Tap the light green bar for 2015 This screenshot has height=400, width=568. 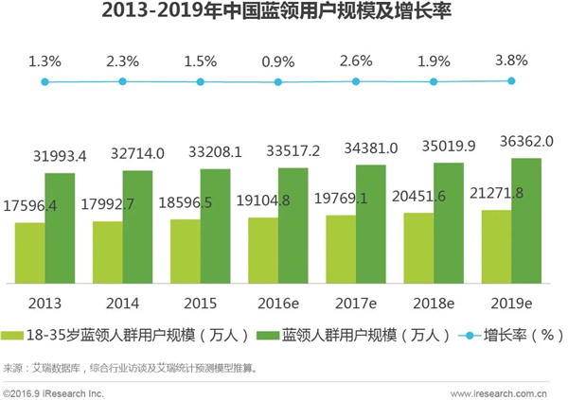click(185, 251)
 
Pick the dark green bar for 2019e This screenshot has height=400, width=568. click(527, 220)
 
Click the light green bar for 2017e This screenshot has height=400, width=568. click(341, 249)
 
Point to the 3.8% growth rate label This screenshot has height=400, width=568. click(513, 61)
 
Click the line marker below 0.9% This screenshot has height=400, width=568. click(279, 82)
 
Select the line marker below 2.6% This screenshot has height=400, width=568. click(357, 82)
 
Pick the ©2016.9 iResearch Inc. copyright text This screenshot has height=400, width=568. click(54, 391)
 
